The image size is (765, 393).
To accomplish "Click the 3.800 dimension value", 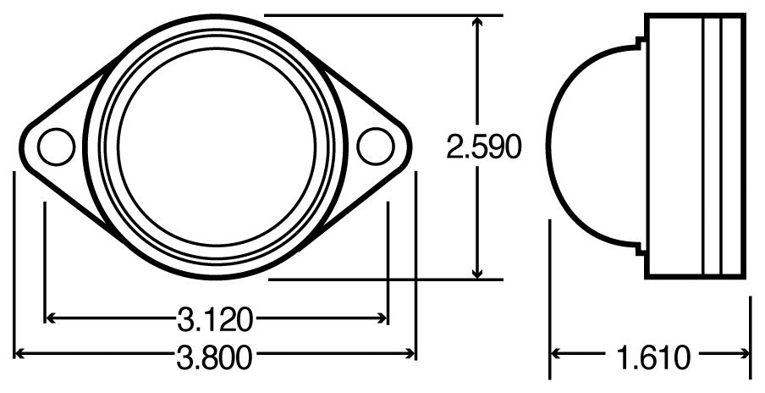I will click(215, 357).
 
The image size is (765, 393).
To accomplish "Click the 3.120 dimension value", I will click(215, 319).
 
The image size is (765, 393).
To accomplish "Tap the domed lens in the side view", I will click(592, 147).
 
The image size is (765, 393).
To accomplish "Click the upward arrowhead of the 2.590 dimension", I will click(478, 21).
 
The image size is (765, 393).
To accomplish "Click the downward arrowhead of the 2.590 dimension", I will click(478, 272).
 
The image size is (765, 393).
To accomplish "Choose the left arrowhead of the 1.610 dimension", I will click(558, 354).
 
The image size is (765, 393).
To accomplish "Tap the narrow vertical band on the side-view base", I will click(712, 147).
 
